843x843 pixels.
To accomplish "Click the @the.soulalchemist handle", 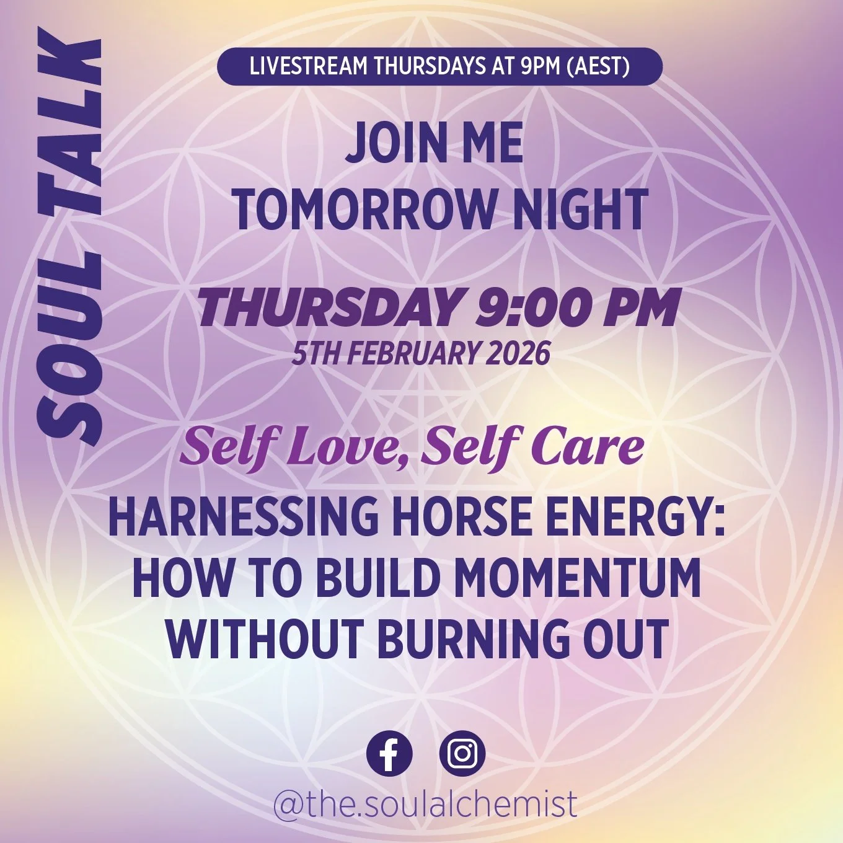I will (x=425, y=803).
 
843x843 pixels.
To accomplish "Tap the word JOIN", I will (x=386, y=144).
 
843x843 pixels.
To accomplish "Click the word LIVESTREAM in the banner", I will (x=308, y=66).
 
